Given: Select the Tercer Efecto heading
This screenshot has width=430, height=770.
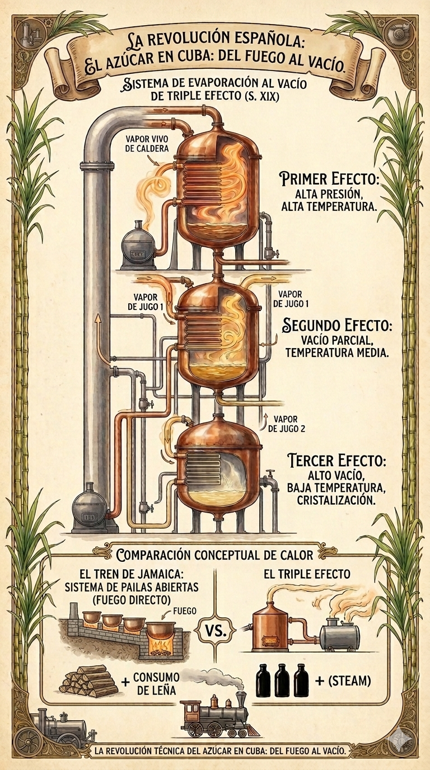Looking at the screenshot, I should pos(336,461).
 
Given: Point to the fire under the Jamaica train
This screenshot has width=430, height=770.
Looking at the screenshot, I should pos(160,647).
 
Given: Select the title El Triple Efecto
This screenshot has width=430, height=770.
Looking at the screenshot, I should pos(306,574).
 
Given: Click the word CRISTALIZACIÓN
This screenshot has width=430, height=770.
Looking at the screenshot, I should pos(336,500).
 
